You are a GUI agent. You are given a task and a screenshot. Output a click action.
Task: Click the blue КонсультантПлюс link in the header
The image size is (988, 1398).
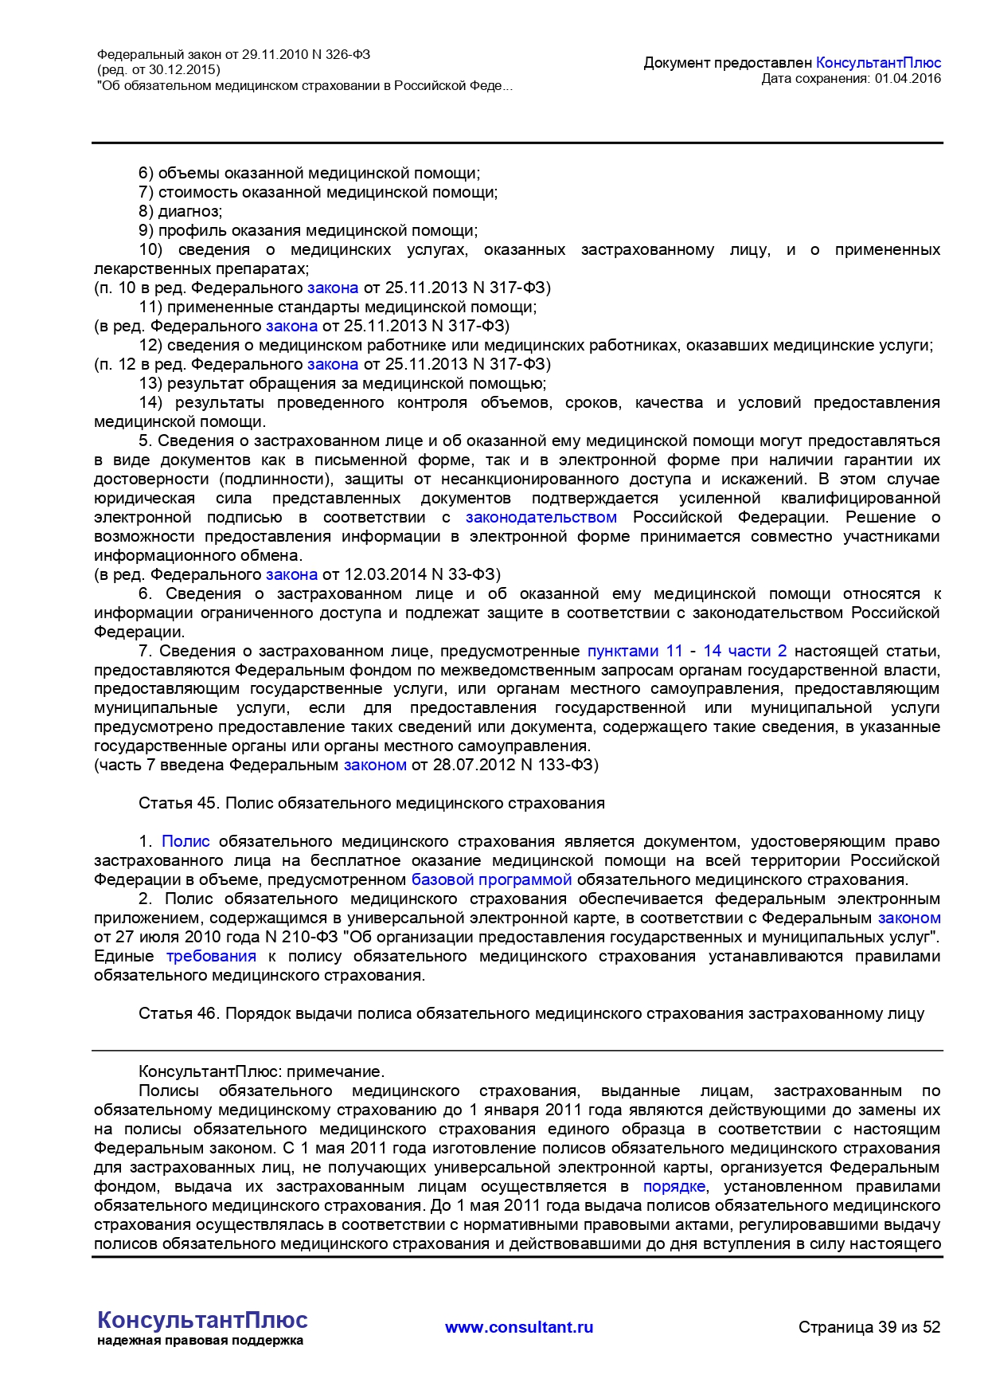pyautogui.click(x=878, y=63)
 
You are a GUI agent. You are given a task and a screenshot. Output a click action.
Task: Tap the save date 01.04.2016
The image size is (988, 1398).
pyautogui.click(x=908, y=78)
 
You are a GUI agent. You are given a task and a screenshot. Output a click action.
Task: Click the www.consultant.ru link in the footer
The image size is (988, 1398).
pyautogui.click(x=519, y=1327)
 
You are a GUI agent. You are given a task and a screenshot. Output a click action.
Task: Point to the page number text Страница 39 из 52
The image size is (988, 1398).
pyautogui.click(x=869, y=1327)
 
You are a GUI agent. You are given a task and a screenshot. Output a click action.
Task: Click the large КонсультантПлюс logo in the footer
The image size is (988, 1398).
pyautogui.click(x=202, y=1320)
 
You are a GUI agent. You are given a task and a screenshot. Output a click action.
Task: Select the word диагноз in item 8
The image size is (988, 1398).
pyautogui.click(x=189, y=211)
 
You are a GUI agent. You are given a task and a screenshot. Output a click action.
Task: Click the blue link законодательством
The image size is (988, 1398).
pyautogui.click(x=541, y=517)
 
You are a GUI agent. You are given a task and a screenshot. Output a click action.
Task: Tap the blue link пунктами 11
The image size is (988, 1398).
pyautogui.click(x=635, y=651)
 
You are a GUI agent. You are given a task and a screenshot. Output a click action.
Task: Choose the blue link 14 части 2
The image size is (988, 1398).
pyautogui.click(x=744, y=651)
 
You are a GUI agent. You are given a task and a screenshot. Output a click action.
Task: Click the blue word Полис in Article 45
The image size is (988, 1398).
pyautogui.click(x=185, y=841)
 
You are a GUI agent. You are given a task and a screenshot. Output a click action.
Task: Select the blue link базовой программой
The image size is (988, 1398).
pyautogui.click(x=491, y=879)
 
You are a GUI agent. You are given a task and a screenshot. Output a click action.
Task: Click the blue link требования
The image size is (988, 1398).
pyautogui.click(x=211, y=956)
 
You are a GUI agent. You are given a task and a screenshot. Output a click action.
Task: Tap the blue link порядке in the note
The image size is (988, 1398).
pyautogui.click(x=674, y=1186)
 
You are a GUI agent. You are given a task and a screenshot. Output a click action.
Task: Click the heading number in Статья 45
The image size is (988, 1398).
pyautogui.click(x=207, y=803)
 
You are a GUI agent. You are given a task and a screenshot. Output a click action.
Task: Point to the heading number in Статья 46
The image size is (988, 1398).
pyautogui.click(x=207, y=1013)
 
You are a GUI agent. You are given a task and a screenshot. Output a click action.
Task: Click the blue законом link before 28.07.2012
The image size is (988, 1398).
pyautogui.click(x=375, y=765)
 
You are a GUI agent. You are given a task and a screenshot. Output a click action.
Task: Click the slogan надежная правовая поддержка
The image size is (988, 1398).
pyautogui.click(x=200, y=1341)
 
